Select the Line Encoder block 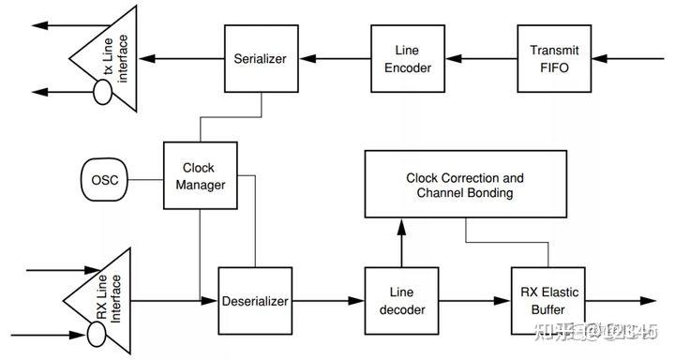400,58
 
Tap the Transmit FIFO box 548,58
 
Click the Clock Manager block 201,176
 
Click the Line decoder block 400,301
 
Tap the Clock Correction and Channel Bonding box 464,185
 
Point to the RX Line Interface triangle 97,301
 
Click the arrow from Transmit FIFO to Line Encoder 473,58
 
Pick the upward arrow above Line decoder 400,240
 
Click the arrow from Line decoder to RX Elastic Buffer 473,301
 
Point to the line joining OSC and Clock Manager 145,178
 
